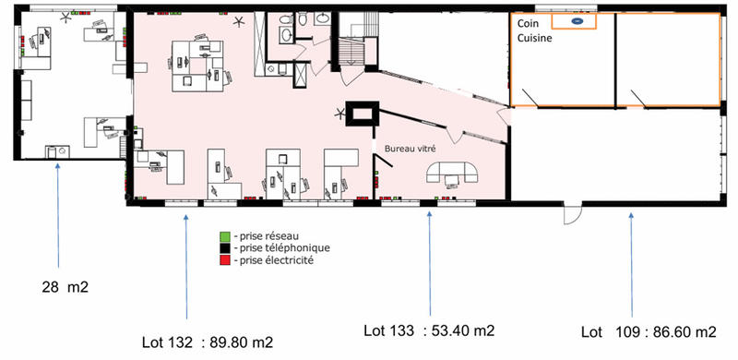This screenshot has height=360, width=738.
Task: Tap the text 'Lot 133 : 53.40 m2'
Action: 428,330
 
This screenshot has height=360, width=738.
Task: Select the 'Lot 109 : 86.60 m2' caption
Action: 649,331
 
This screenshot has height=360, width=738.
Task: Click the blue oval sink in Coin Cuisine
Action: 577,20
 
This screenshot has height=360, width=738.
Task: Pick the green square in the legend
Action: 224,235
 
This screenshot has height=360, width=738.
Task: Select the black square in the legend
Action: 224,248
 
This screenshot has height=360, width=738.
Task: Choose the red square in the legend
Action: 224,261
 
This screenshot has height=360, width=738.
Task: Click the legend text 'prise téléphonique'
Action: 284,248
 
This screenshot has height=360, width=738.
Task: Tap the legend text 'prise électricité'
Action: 276,261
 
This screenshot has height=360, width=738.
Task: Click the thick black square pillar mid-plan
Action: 361,114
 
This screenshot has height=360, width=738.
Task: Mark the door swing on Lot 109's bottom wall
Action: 571,216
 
